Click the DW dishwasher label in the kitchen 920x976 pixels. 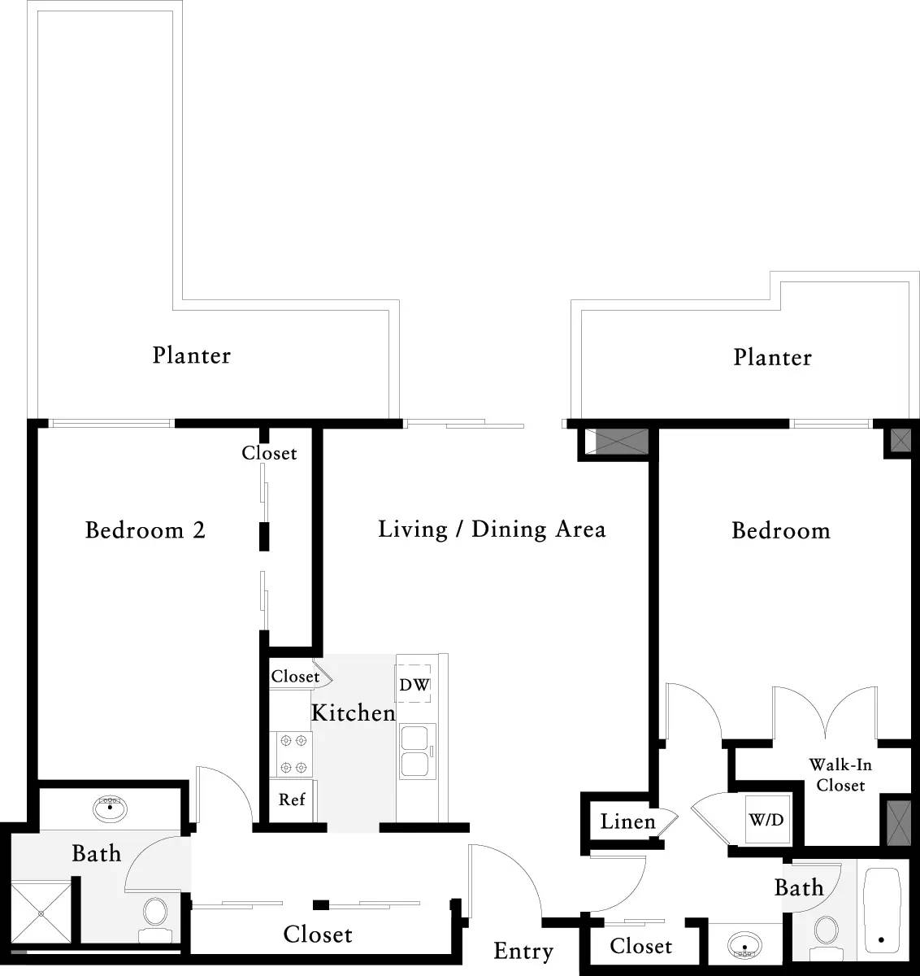tap(414, 685)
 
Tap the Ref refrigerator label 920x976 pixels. tap(292, 800)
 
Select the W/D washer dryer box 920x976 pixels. tap(766, 820)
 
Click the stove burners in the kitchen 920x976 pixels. tap(293, 753)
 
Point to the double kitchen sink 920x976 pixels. tap(417, 752)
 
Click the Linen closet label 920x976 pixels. tap(627, 821)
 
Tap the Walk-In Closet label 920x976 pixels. tap(840, 775)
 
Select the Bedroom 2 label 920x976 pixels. tap(145, 530)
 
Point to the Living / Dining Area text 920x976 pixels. tap(492, 529)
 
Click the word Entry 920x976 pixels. tap(523, 951)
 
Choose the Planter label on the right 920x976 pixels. tap(772, 357)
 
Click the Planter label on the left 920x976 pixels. tap(192, 355)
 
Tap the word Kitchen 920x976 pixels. tap(354, 713)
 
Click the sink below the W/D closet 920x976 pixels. tap(746, 945)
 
